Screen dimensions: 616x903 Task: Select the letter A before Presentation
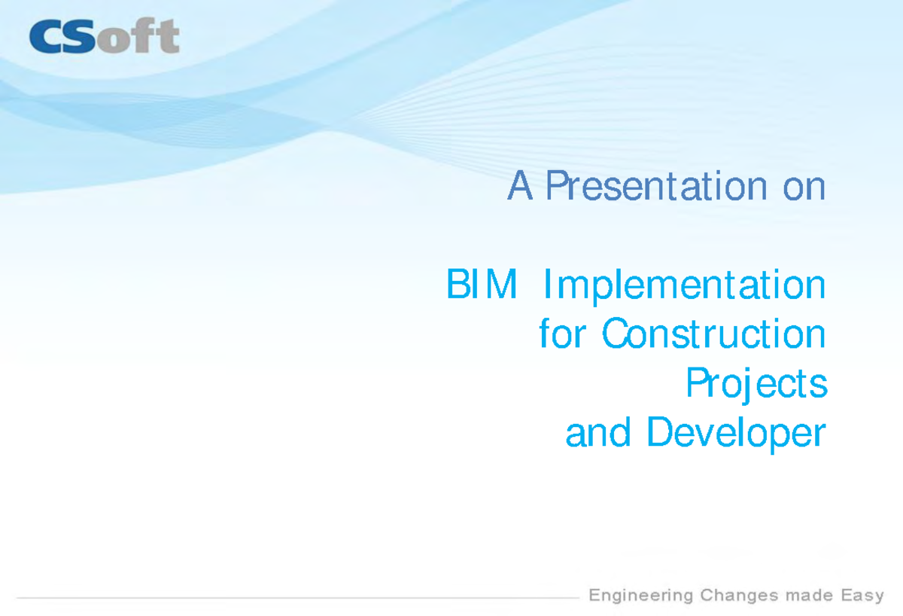pos(521,186)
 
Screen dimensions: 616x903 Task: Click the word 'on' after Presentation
pos(804,188)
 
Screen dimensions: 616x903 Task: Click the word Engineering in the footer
pos(640,596)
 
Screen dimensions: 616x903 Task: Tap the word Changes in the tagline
pos(738,596)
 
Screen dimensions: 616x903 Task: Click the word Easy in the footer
pos(862,596)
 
